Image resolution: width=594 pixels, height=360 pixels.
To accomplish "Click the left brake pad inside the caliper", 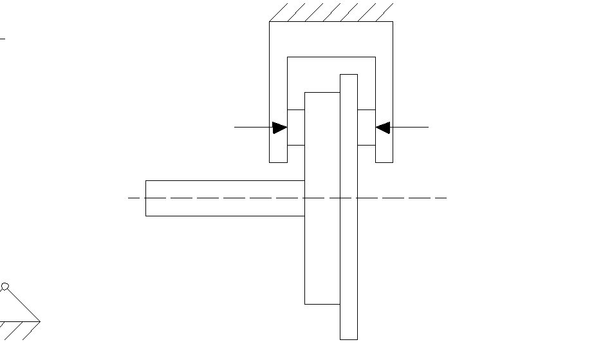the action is (295, 128).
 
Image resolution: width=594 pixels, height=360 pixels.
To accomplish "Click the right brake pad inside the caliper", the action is (366, 128).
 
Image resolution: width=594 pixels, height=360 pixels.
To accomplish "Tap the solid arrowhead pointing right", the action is (279, 128).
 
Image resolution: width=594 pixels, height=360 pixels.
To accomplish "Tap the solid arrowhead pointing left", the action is (383, 128).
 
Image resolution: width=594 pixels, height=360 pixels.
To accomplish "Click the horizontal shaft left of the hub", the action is (225, 198).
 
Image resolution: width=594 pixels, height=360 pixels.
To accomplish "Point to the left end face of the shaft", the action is (146, 198).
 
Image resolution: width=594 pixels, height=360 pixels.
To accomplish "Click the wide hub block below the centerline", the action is (322, 258).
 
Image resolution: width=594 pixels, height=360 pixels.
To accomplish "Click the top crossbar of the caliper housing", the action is (331, 39).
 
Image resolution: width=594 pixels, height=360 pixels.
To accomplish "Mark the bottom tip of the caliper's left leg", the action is (278, 161).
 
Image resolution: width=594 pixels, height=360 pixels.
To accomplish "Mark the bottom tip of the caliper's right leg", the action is (384, 161).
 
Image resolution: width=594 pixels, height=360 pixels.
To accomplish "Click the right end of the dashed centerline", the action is (445, 198).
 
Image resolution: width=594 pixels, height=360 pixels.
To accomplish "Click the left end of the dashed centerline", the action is (129, 198).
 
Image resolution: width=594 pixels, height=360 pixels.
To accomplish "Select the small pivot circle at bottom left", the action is (5, 287).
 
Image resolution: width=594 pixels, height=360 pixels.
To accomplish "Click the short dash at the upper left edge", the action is (2, 39).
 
